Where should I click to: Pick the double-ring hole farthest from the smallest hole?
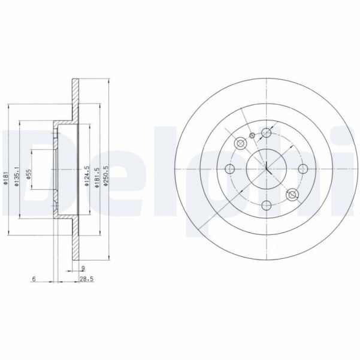click(292, 194)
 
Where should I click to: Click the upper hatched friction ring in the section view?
click(75, 99)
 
